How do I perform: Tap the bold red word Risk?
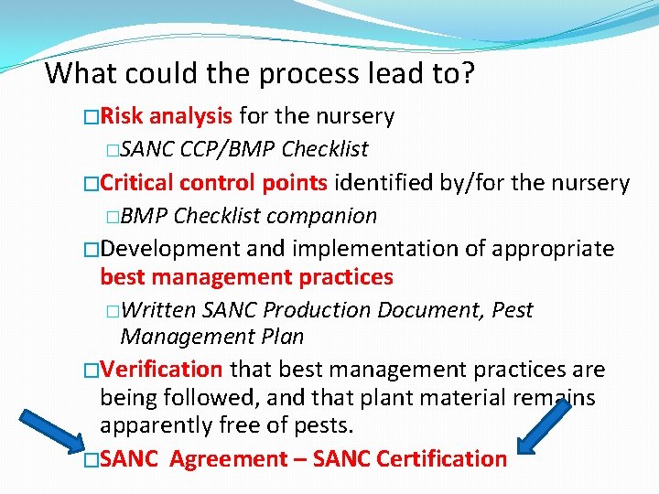[123, 116]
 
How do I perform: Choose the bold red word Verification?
[161, 370]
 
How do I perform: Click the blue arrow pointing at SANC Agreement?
[50, 428]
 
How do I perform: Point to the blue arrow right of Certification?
[546, 425]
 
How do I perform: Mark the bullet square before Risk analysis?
[90, 117]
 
